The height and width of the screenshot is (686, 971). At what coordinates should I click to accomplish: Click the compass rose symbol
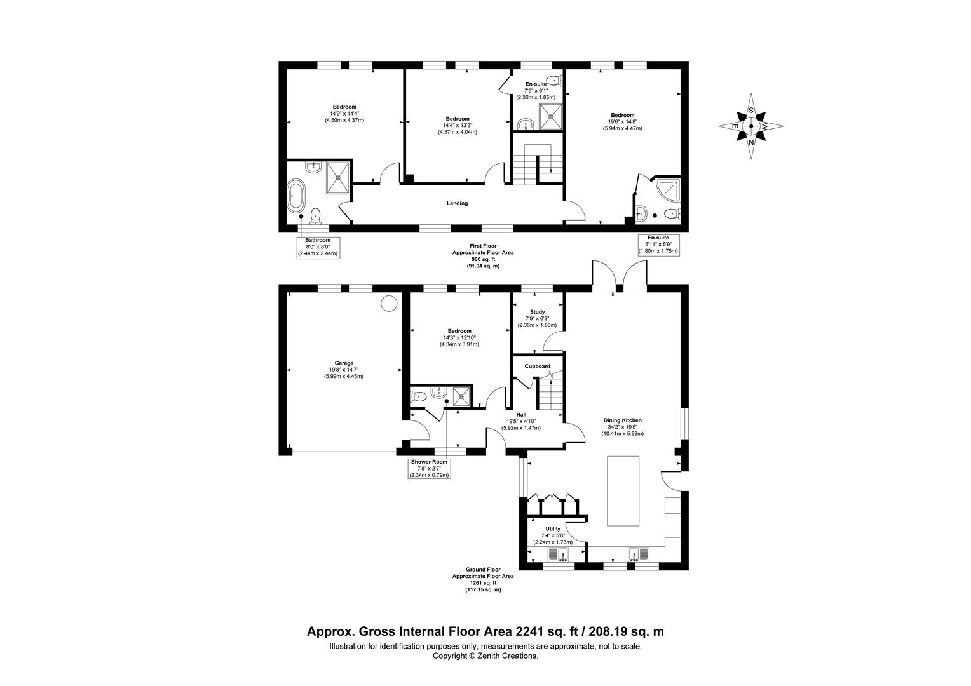click(750, 126)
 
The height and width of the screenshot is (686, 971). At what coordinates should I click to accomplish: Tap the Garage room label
click(344, 363)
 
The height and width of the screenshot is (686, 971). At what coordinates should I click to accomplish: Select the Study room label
click(537, 312)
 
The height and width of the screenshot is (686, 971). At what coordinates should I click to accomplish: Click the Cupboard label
click(537, 367)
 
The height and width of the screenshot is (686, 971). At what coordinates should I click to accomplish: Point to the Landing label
click(458, 203)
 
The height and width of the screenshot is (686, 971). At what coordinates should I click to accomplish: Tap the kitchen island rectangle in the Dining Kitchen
click(623, 491)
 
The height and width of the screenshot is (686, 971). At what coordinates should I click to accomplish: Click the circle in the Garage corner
click(389, 304)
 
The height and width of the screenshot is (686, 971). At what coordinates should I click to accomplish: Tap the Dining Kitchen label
click(623, 420)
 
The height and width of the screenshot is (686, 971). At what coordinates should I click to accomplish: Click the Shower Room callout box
click(429, 469)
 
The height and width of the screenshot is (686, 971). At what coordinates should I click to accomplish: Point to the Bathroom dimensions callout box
click(318, 248)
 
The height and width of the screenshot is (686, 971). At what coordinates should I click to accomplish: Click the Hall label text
click(521, 415)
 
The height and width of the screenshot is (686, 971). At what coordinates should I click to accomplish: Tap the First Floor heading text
click(483, 246)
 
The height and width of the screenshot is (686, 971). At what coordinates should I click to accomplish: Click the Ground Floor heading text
click(483, 569)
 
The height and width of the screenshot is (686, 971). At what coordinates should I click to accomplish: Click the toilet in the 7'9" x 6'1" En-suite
click(554, 80)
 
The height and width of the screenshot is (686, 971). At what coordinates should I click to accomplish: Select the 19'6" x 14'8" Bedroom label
click(623, 122)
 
